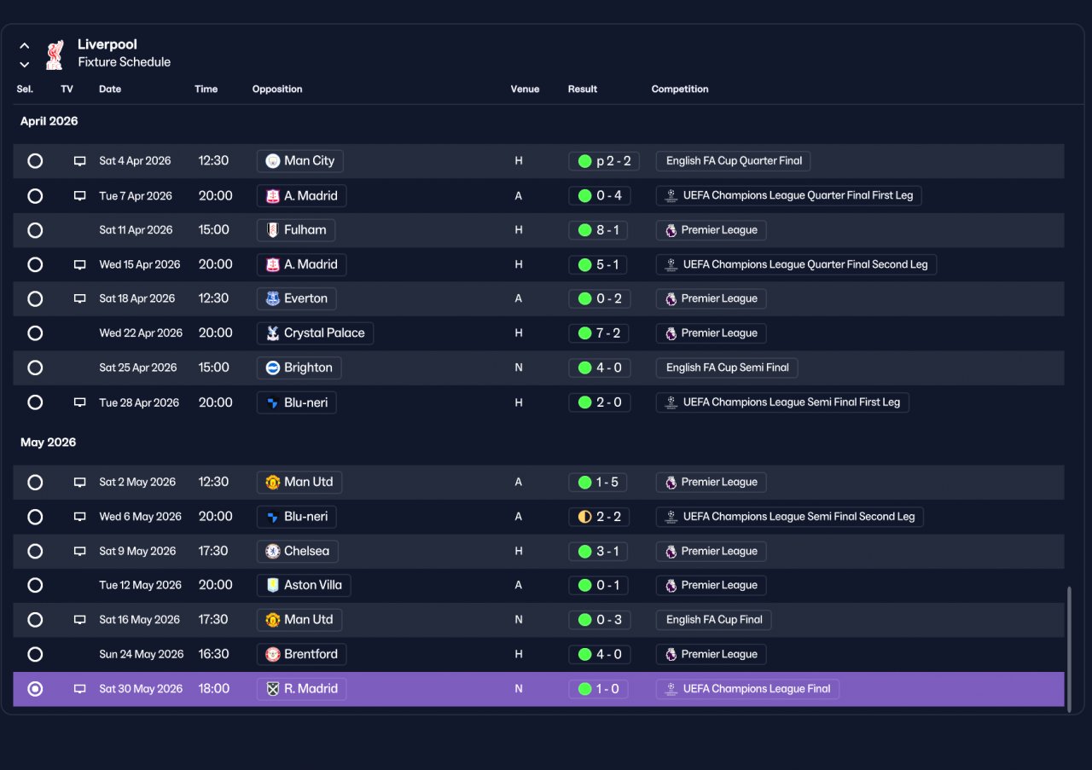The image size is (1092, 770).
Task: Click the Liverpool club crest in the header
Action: pyautogui.click(x=55, y=55)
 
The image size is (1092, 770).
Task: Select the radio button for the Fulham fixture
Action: pyautogui.click(x=35, y=230)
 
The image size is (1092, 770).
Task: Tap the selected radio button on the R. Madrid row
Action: pyautogui.click(x=35, y=689)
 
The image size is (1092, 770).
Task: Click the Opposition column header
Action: pyautogui.click(x=277, y=90)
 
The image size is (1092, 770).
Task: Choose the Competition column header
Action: pyautogui.click(x=680, y=90)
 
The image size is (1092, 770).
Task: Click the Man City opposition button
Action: pyautogui.click(x=299, y=161)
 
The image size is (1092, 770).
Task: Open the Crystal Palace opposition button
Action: pyautogui.click(x=315, y=333)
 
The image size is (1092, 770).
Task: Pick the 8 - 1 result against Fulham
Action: pyautogui.click(x=598, y=230)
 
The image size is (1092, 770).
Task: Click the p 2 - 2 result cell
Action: pyautogui.click(x=603, y=161)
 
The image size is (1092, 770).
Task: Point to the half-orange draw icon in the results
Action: pyautogui.click(x=584, y=517)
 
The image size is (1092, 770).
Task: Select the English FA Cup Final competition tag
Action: pyautogui.click(x=714, y=620)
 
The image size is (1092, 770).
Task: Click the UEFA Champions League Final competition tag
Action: pyautogui.click(x=747, y=689)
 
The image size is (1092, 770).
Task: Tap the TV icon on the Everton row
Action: pyautogui.click(x=79, y=298)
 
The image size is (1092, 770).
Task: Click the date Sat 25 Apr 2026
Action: pyautogui.click(x=138, y=368)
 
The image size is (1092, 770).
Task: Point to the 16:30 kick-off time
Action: pyautogui.click(x=213, y=654)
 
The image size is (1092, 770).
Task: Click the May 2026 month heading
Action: pyautogui.click(x=49, y=443)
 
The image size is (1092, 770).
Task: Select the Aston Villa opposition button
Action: pyautogui.click(x=304, y=585)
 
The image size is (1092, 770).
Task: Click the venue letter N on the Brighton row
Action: pyautogui.click(x=519, y=368)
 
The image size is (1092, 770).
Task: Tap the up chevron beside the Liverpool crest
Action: pyautogui.click(x=25, y=46)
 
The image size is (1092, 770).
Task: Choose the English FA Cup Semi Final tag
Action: pyautogui.click(x=727, y=368)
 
